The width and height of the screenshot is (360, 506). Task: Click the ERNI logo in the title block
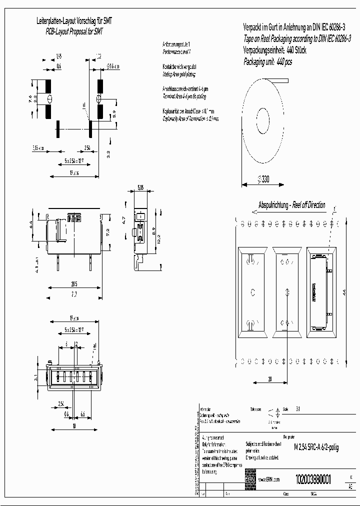click(250, 478)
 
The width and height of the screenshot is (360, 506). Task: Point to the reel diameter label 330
click(263, 179)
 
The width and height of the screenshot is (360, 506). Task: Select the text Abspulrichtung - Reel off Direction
click(291, 205)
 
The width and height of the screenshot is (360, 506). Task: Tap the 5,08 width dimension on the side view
click(140, 188)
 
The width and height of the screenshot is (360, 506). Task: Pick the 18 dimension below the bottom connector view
click(73, 426)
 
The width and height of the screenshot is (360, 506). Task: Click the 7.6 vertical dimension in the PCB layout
click(30, 98)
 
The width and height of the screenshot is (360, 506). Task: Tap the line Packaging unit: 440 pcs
click(267, 62)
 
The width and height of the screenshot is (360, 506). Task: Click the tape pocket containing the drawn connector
click(319, 291)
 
